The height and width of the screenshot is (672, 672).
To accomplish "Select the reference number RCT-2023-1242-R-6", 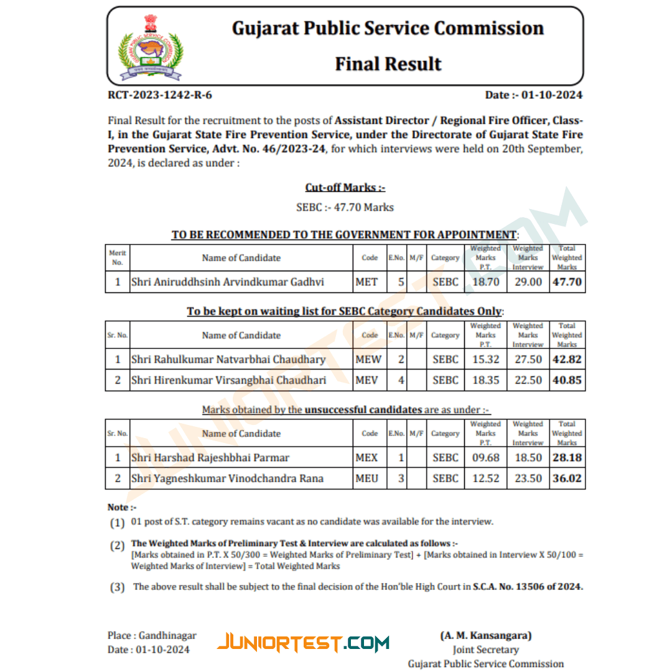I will coord(160,95).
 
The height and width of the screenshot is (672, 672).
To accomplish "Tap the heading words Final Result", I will coord(388,64).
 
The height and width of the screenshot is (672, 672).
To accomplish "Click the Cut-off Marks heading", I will coord(345,187).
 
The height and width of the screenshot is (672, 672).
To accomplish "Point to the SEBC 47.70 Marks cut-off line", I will coord(345,207).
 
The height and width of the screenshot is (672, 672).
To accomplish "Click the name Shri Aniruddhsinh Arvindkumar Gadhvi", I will coord(228,282).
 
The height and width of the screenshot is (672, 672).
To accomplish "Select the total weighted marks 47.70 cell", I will coord(567,282).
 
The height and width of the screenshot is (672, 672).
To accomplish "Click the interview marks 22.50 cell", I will coord(528,380).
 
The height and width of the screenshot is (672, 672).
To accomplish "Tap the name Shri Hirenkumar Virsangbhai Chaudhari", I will coord(229,380).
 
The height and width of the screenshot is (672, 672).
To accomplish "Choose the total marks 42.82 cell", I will coord(567,360).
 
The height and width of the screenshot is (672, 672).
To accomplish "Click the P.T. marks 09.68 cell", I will coord(486,458).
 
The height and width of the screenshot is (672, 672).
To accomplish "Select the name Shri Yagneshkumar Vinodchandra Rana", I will coord(227,478).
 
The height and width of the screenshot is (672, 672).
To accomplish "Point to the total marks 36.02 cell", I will coord(567,478).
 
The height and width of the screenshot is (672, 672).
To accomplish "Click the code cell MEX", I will coord(366,458).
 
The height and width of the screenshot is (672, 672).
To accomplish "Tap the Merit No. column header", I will coord(118,258).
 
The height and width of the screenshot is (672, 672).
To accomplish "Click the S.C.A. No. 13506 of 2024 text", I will coord(528,586).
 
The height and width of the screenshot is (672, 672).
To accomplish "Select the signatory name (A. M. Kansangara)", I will coord(486,635).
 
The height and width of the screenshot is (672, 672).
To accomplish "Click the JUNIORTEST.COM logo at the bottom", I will coord(304,642).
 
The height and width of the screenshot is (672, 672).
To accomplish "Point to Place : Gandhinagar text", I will coord(152,635).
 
